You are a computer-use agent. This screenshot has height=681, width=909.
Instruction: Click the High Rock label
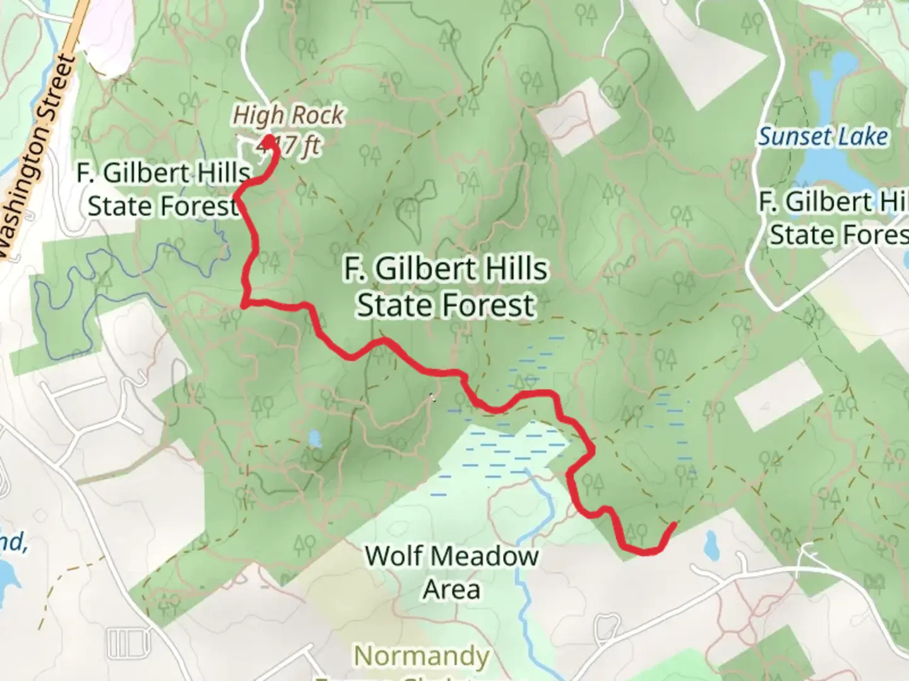pos(288,115)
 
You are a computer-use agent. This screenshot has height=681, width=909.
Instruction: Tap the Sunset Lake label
pos(823,137)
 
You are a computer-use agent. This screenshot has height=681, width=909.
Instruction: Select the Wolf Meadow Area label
pos(451,573)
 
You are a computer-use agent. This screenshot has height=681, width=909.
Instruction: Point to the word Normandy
pos(421,656)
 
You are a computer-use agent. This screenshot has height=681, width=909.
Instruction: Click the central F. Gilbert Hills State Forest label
pos(446,287)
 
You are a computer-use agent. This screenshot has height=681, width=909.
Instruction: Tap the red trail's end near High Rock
pos(269,139)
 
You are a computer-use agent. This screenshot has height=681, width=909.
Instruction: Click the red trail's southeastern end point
pos(674,524)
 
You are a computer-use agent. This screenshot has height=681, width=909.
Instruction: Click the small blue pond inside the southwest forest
pos(314,438)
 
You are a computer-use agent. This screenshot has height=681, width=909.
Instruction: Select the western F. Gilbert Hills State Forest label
pos(163,189)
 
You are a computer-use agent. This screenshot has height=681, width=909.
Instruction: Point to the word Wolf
pos(388,556)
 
